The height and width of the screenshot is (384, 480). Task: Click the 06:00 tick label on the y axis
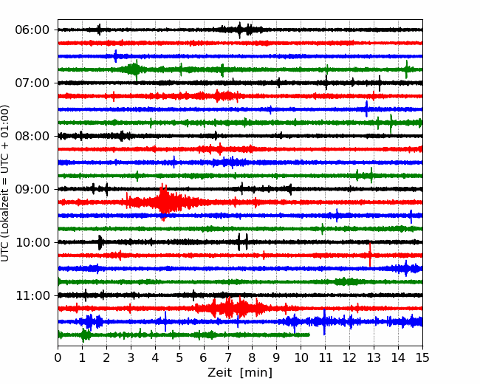[x=32, y=30]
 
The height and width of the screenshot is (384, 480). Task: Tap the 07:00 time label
[x=32, y=83]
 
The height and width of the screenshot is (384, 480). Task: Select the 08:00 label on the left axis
[x=32, y=136]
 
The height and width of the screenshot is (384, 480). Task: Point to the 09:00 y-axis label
[x=32, y=189]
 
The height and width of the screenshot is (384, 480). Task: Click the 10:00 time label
[x=32, y=242]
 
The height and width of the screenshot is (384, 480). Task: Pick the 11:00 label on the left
[x=32, y=295]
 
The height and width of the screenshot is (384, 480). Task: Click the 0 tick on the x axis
[x=58, y=357]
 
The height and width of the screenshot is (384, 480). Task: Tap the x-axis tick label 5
[x=179, y=357]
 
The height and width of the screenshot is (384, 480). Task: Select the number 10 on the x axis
[x=301, y=357]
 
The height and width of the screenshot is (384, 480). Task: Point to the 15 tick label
[x=422, y=357]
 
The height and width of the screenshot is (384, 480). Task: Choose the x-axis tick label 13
[x=374, y=357]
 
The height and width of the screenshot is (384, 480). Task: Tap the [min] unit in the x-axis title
[x=256, y=373]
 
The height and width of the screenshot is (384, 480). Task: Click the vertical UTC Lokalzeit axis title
[x=5, y=183]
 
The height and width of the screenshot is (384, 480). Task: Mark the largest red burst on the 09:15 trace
[x=164, y=202]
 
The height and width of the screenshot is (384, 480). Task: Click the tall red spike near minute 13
[x=370, y=255]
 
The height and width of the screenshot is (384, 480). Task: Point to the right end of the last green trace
[x=309, y=335]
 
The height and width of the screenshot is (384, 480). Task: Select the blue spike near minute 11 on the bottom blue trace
[x=324, y=322]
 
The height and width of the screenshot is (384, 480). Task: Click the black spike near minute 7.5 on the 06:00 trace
[x=240, y=30]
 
